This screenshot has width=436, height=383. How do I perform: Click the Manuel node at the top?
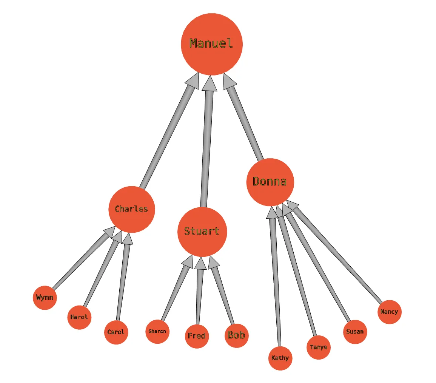pyautogui.click(x=212, y=44)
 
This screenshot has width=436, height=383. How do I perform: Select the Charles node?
pyautogui.click(x=131, y=209)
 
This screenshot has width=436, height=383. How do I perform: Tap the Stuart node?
pyautogui.click(x=202, y=232)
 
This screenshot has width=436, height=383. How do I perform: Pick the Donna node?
pyautogui.click(x=270, y=182)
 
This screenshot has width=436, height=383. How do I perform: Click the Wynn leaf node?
pyautogui.click(x=45, y=298)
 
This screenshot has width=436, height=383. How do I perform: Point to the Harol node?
pyautogui.click(x=79, y=317)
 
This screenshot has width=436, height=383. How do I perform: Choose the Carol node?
pyautogui.click(x=116, y=332)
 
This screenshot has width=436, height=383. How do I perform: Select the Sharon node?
pyautogui.click(x=157, y=332)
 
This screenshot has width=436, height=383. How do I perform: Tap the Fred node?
pyautogui.click(x=197, y=336)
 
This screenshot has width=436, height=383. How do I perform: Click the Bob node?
pyautogui.click(x=236, y=335)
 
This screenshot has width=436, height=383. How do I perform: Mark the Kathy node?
pyautogui.click(x=280, y=358)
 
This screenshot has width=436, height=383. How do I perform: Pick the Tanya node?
pyautogui.click(x=319, y=347)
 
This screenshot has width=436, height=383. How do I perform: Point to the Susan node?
pyautogui.click(x=355, y=332)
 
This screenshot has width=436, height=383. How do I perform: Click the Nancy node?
pyautogui.click(x=390, y=312)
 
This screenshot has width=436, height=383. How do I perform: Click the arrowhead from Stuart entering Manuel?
pyautogui.click(x=210, y=83)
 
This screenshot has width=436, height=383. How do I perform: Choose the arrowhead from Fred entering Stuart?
pyautogui.click(x=200, y=263)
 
